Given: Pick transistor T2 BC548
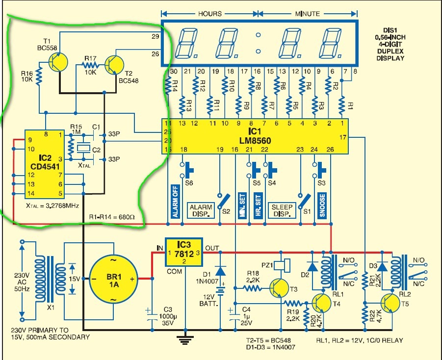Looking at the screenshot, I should (114, 64).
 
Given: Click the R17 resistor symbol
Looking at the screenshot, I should (90, 64).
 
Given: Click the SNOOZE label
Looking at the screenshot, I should (322, 203).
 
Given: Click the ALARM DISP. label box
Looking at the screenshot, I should (202, 211).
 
